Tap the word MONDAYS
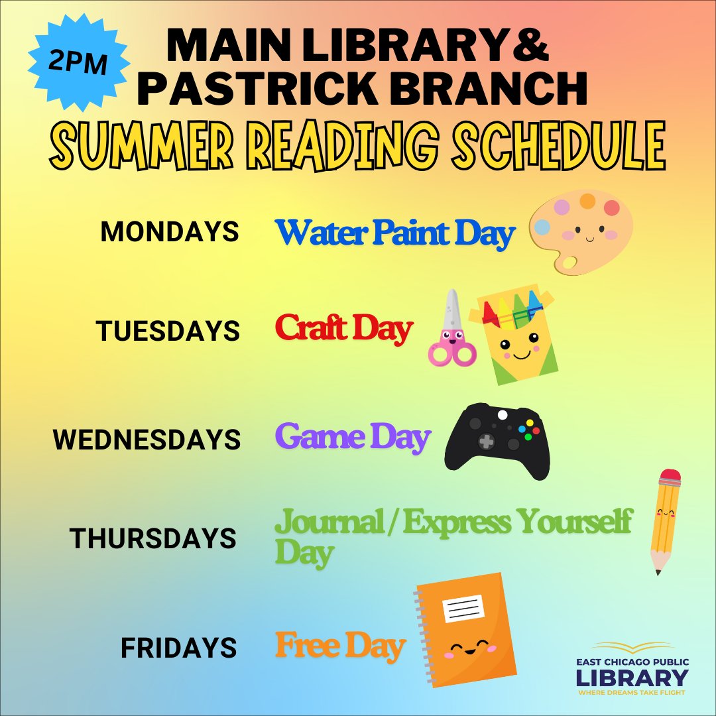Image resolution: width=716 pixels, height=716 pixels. (169, 232)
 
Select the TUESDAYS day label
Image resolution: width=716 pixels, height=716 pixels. (168, 330)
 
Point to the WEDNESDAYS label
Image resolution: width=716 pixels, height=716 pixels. (147, 440)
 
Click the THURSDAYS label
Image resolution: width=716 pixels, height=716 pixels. (153, 538)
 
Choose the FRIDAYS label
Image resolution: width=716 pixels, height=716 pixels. (178, 648)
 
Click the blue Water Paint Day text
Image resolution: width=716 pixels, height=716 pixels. (395, 233)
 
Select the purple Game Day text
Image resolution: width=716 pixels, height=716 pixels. (353, 438)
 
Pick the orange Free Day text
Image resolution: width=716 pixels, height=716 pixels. (340, 646)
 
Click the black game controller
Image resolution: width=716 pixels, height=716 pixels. (497, 439)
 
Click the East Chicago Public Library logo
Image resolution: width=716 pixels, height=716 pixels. (631, 668)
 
